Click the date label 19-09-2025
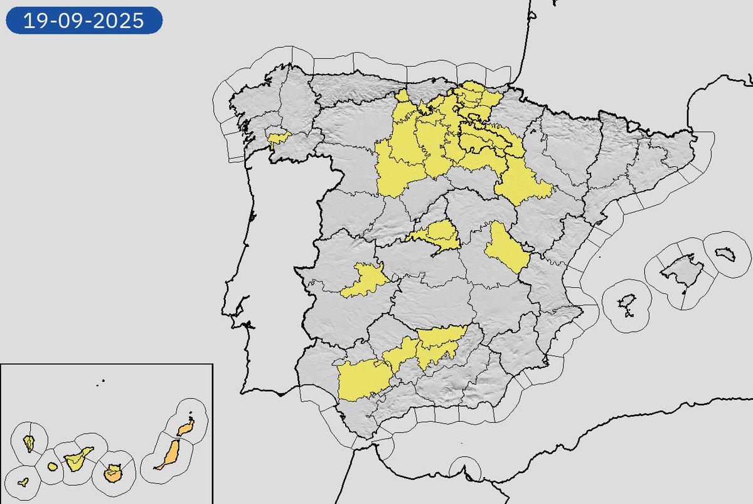click(x=83, y=21)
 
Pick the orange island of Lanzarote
click(x=184, y=428)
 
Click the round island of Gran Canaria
click(x=113, y=473)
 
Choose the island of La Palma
click(x=29, y=443)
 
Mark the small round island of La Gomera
click(x=51, y=467)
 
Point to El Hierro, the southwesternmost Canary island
click(x=23, y=482)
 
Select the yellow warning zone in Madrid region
click(x=437, y=234)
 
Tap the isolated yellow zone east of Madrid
click(x=506, y=248)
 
